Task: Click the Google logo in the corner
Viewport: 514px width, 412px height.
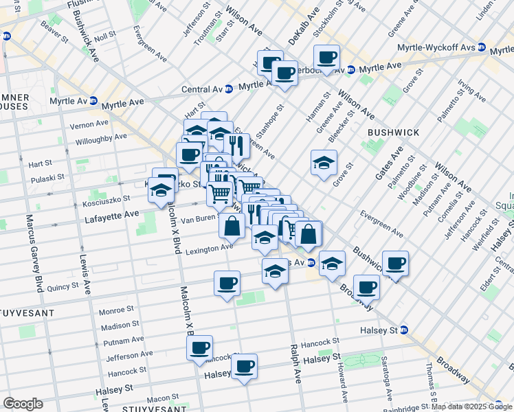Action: pyautogui.click(x=23, y=404)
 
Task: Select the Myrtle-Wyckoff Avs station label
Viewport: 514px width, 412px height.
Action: pyautogui.click(x=437, y=48)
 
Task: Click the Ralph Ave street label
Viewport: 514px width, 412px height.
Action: pyautogui.click(x=295, y=364)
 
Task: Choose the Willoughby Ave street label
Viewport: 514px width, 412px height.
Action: pyautogui.click(x=100, y=137)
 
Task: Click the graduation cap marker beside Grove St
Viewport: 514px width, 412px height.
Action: pyautogui.click(x=324, y=162)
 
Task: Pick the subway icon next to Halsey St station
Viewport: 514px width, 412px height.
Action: pyautogui.click(x=404, y=330)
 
